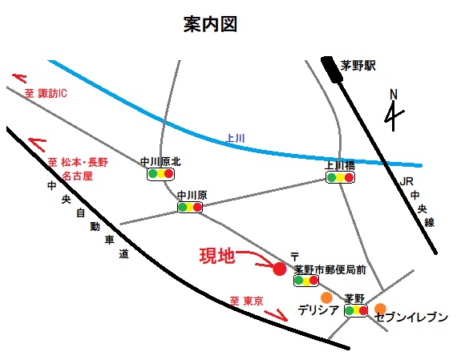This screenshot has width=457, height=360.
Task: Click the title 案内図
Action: [x=210, y=24]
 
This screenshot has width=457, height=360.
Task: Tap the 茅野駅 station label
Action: [x=358, y=66]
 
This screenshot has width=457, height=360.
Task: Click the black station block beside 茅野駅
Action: [x=332, y=69]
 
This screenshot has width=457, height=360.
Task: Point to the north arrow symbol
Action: [x=394, y=111]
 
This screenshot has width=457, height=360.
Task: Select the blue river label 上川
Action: [x=235, y=138]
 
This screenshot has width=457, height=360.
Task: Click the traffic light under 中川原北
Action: [x=160, y=174]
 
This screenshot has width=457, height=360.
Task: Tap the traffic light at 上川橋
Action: [x=340, y=177]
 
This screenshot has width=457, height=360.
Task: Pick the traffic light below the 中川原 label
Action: [x=190, y=207]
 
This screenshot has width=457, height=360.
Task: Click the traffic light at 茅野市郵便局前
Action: [x=306, y=281]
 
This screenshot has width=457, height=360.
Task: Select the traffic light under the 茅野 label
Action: [x=356, y=311]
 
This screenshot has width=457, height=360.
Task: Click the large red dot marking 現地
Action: [x=280, y=269]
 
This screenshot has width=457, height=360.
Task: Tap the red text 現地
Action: [x=217, y=257]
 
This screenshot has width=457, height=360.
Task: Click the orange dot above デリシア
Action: [x=326, y=297]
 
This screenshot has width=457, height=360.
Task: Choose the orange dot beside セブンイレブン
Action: [x=380, y=309]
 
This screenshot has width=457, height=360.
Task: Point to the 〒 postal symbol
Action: [x=295, y=257]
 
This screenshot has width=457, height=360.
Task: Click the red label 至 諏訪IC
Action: [x=46, y=94]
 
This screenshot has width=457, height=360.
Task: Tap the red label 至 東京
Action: [x=246, y=301]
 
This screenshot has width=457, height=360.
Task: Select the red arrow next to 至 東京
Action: [x=277, y=315]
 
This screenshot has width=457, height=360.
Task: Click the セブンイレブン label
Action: [x=411, y=318]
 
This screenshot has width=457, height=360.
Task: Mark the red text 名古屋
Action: [x=77, y=176]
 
